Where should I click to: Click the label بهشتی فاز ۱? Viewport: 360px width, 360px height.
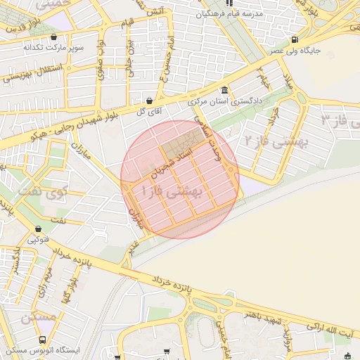(172, 191)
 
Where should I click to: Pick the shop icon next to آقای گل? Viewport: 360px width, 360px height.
(150, 100)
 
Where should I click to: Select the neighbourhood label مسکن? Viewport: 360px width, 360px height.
(38, 318)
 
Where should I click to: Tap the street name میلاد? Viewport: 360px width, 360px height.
(288, 77)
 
